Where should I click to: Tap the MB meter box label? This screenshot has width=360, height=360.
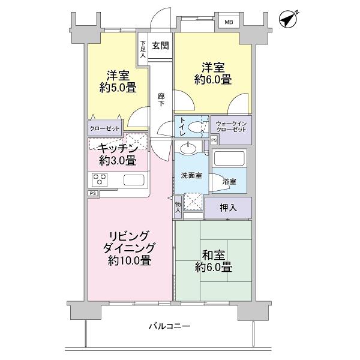(x=229, y=22)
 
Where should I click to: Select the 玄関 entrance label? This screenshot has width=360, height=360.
(x=160, y=46)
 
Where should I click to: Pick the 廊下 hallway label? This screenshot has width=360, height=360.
(x=161, y=100)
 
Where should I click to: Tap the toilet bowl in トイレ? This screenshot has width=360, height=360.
(x=195, y=127)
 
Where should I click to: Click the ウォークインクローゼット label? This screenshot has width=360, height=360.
(x=231, y=127)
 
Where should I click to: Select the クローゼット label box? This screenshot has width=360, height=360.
(x=105, y=128)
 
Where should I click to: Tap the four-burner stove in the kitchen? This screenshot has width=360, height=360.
(x=100, y=179)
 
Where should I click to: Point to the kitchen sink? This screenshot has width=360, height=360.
(x=133, y=179)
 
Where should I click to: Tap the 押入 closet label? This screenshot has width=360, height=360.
(x=229, y=208)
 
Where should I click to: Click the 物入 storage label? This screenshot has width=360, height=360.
(x=178, y=206)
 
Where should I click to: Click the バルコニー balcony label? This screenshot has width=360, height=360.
(x=170, y=326)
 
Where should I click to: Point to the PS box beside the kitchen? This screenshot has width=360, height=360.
(x=93, y=193)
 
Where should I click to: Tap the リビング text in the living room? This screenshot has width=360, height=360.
(x=129, y=235)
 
